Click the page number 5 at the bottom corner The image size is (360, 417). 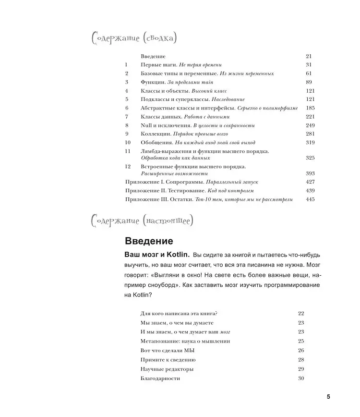(x=328, y=396)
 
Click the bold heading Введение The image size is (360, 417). (x=148, y=241)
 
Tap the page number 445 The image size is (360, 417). (x=310, y=199)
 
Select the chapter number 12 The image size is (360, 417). (x=127, y=167)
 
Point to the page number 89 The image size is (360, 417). (x=309, y=82)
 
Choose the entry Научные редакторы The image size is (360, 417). (x=167, y=369)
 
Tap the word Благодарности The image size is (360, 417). (x=160, y=379)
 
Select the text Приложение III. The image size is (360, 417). (x=145, y=199)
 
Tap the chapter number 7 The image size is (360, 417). (x=127, y=116)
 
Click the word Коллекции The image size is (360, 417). (x=155, y=134)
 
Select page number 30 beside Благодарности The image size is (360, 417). (x=301, y=379)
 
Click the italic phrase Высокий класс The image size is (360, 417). (x=209, y=91)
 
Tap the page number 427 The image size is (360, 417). (x=310, y=182)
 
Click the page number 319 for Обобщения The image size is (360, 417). (x=310, y=143)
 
